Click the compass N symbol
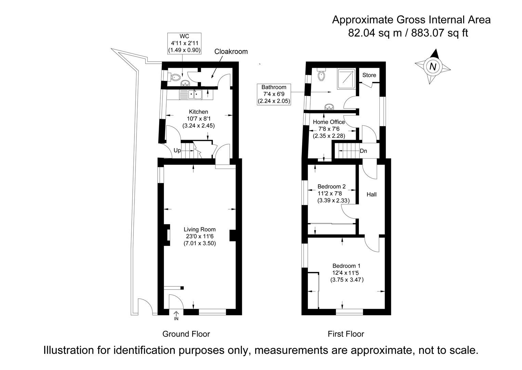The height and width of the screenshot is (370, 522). coord(433,66)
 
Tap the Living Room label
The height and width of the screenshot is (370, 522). coord(199,230)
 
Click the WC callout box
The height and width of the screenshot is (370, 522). coord(184,43)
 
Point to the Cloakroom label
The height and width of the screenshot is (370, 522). coord(231,52)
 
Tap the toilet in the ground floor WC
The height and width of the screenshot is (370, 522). coord(175,77)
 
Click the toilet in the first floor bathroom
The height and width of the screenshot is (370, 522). coord(321,75)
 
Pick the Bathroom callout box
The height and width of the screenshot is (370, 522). coord(274,94)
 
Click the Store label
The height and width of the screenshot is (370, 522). coord(369,75)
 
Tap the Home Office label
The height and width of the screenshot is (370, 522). coord(329,122)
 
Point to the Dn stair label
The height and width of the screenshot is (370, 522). coord(364,151)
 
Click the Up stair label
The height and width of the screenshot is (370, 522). coord(177,150)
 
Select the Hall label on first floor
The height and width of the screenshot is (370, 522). coord(371,195)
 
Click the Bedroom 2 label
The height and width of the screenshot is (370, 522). coord(331,187)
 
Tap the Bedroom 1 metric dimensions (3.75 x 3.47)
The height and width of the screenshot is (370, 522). coord(347,280)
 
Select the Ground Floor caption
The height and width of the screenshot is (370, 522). coord(186,334)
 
